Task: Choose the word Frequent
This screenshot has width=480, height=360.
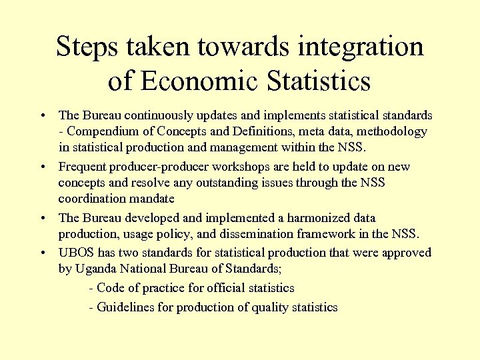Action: tap(82, 167)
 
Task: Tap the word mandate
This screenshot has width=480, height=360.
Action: tap(152, 199)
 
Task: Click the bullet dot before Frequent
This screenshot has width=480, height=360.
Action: tap(42, 167)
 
